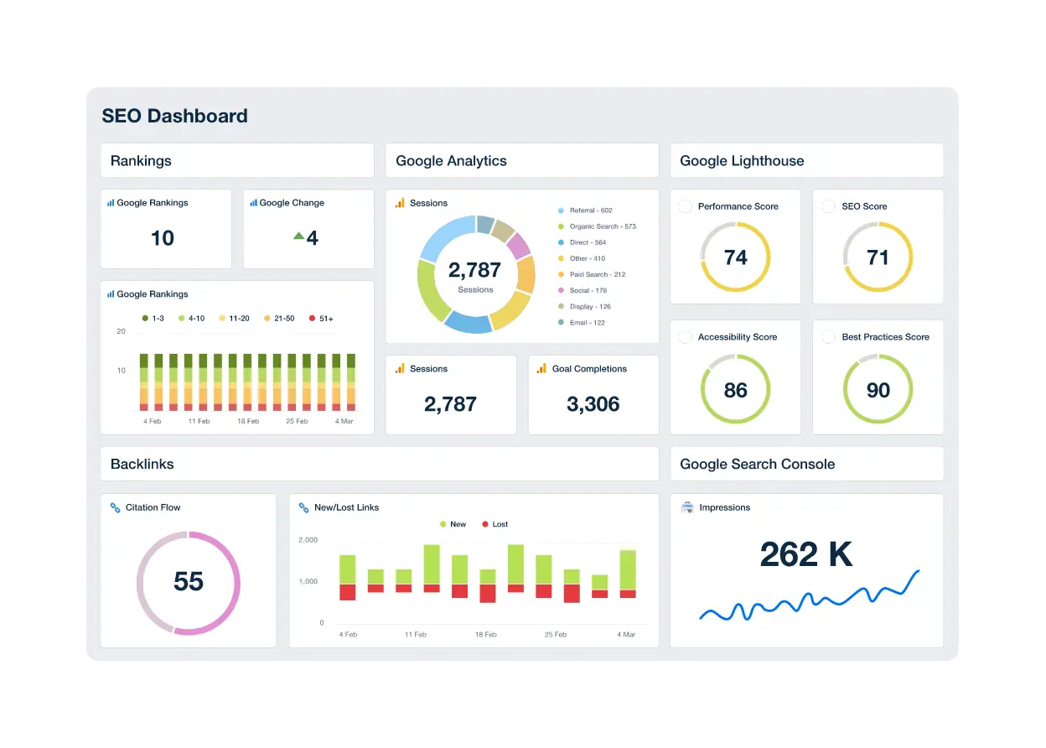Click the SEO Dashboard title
click(x=174, y=116)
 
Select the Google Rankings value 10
click(x=163, y=238)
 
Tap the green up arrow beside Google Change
click(x=298, y=236)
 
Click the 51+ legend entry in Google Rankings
click(x=322, y=319)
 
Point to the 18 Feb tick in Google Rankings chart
click(x=248, y=421)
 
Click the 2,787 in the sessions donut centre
click(x=474, y=270)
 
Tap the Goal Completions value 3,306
click(x=593, y=404)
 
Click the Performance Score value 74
click(x=735, y=257)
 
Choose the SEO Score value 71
click(x=878, y=257)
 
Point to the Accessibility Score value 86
click(x=735, y=390)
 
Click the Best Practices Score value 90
click(x=878, y=390)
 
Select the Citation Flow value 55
click(x=189, y=581)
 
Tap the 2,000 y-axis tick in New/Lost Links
click(x=308, y=540)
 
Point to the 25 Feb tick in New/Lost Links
click(x=557, y=635)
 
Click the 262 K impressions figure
click(x=805, y=554)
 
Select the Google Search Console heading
click(x=757, y=464)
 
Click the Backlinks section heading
click(x=142, y=464)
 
